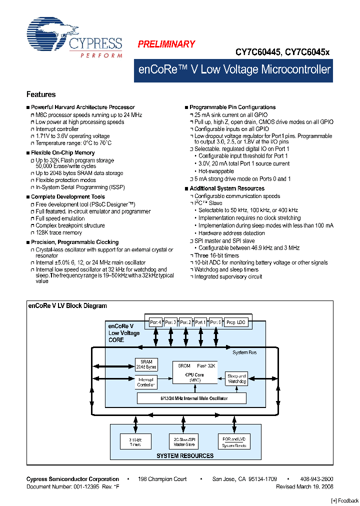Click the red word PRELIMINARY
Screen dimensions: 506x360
coord(166,44)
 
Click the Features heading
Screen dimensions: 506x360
coord(41,94)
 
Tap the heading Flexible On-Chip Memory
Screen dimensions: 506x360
coord(63,153)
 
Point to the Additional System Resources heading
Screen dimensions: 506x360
coord(227,188)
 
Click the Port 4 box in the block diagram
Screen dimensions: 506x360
coord(156,322)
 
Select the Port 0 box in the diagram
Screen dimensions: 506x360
coord(215,322)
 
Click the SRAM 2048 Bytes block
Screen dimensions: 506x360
coord(146,364)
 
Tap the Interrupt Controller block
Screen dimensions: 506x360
coord(146,382)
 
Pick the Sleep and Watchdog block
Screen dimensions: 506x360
coord(236,378)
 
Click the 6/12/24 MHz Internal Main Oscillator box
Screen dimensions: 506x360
coord(192,398)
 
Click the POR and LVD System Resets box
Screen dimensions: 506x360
coord(233,442)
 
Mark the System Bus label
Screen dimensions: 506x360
coord(244,352)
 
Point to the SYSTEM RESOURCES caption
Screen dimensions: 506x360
coord(185,455)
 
